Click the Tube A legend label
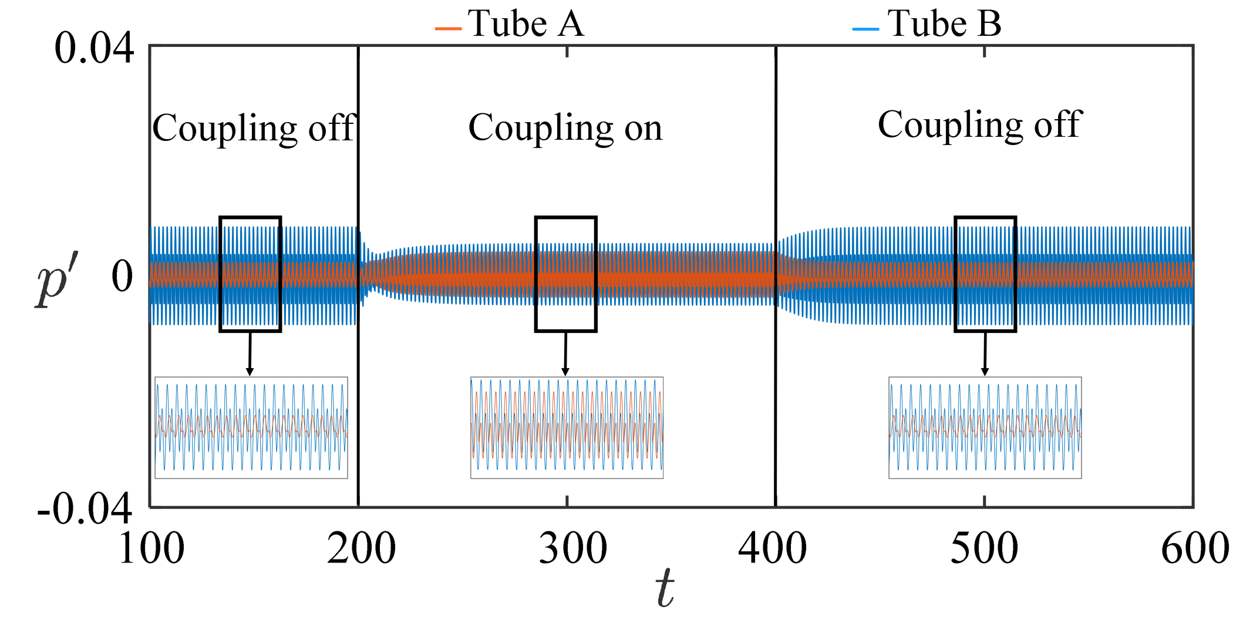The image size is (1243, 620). coord(526,25)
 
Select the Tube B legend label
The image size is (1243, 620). coord(944,25)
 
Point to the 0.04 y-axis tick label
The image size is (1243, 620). coord(94,49)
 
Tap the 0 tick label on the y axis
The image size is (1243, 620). coord(122,277)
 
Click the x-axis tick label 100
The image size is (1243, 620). coord(151,549)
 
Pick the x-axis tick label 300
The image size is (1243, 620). coord(572,549)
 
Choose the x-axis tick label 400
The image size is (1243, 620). coord(772,549)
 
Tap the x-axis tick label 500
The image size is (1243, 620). coord(984,549)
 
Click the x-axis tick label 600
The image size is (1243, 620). coord(1195,549)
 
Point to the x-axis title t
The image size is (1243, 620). coord(665,589)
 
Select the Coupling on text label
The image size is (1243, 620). coord(565,128)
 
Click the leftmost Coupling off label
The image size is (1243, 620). coord(254,128)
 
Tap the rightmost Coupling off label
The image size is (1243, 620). coord(979,125)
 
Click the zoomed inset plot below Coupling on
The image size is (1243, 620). coord(567,427)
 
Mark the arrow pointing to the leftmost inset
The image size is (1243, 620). coord(250,353)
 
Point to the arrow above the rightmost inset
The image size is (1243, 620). coord(985,353)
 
